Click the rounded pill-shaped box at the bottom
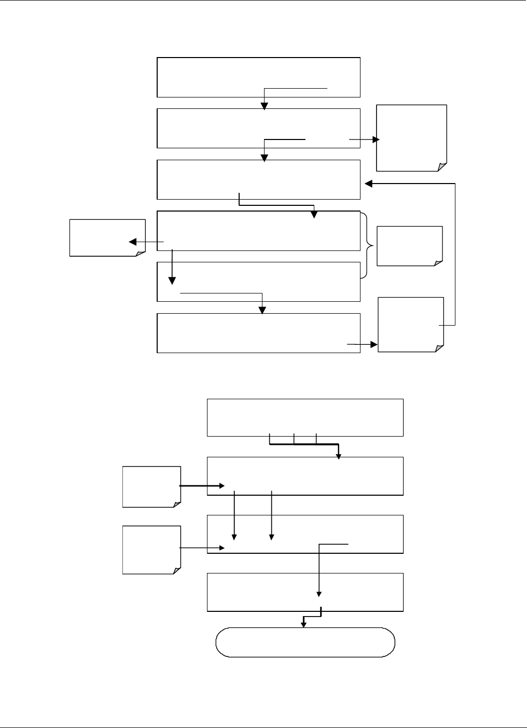point(305,642)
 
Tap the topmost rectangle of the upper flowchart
point(258,77)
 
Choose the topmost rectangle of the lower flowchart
point(305,417)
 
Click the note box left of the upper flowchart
point(107,237)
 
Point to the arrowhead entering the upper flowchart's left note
point(133,242)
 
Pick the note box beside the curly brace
point(410,246)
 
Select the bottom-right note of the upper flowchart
point(411,325)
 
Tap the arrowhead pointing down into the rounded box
point(304,624)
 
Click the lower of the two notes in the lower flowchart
point(151,550)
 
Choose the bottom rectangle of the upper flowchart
point(258,333)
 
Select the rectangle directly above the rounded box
point(305,592)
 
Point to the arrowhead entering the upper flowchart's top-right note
point(376,139)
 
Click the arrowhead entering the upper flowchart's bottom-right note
point(374,344)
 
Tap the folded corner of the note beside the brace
point(438,262)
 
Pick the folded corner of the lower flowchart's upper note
point(177,503)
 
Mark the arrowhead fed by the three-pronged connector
point(339,456)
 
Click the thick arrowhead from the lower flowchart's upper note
point(221,486)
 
